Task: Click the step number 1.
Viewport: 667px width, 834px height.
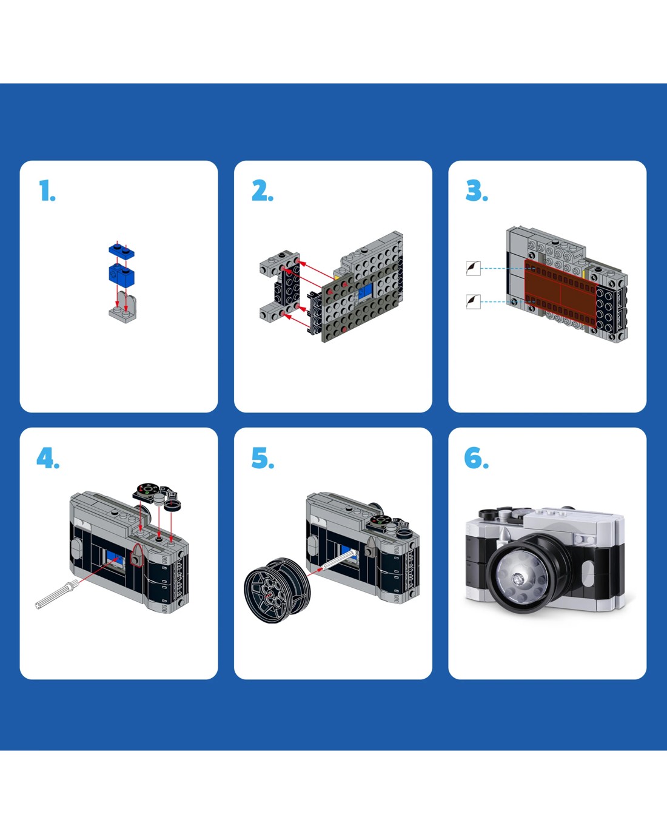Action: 47,190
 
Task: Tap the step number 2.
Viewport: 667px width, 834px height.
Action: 263,190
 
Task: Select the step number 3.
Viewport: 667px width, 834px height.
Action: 477,190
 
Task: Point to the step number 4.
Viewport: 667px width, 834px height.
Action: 48,458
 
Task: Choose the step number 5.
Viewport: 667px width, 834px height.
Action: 263,458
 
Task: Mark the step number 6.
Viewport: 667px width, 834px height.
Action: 477,458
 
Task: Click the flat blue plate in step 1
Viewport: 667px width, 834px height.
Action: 121,251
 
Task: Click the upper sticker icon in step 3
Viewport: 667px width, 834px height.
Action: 473,268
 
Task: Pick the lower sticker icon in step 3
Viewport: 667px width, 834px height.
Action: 473,301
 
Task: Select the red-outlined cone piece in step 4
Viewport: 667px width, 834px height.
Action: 136,555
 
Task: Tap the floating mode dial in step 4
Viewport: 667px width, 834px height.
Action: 145,491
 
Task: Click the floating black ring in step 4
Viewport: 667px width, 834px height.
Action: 172,505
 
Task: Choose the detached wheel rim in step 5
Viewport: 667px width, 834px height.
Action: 277,590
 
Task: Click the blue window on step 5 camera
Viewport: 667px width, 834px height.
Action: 347,551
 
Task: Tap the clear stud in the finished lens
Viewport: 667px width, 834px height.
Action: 518,579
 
